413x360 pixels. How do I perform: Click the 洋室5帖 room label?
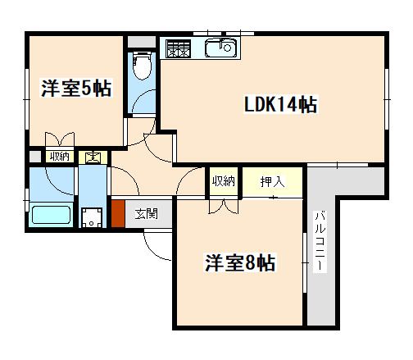(76, 88)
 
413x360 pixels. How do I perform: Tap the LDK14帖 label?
(280, 104)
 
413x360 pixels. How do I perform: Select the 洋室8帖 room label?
(240, 262)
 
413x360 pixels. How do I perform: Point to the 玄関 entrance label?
(147, 214)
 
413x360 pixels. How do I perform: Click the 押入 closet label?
(272, 182)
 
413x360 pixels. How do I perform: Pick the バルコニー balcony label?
(320, 241)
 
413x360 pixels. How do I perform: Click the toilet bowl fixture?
(142, 65)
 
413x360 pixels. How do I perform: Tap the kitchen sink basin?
(221, 48)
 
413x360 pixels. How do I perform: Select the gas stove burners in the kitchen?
(179, 48)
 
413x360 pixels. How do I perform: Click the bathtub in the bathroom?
(51, 215)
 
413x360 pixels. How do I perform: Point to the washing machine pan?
(92, 218)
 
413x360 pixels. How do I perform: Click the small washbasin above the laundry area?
(93, 157)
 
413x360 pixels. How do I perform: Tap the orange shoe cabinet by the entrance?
(118, 214)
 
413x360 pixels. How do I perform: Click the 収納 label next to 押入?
(224, 181)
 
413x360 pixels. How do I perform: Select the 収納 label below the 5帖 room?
(60, 157)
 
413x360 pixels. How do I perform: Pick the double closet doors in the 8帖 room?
(224, 207)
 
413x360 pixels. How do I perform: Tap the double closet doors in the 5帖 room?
(60, 139)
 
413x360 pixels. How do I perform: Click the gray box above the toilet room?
(142, 42)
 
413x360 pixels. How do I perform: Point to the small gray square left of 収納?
(35, 157)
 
